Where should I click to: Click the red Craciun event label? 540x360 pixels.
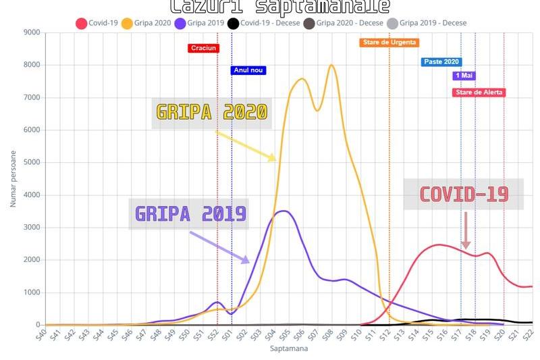coord(203,48)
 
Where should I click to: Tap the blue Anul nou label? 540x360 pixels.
coord(248,70)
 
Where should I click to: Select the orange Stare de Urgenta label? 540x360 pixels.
coord(389,43)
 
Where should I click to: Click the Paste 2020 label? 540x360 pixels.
coord(441,62)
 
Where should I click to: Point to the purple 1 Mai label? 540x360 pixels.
coord(464,76)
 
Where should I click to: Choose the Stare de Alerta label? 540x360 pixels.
coord(479,93)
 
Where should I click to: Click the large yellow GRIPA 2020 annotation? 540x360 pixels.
coord(211,112)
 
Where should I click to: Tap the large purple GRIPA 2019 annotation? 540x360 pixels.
coord(190,214)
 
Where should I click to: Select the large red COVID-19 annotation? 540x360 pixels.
coord(464,195)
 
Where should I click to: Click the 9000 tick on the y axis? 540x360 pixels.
coord(31,32)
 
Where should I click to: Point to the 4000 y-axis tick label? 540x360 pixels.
coord(31,195)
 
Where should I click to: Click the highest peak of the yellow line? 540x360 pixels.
coord(331,65)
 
